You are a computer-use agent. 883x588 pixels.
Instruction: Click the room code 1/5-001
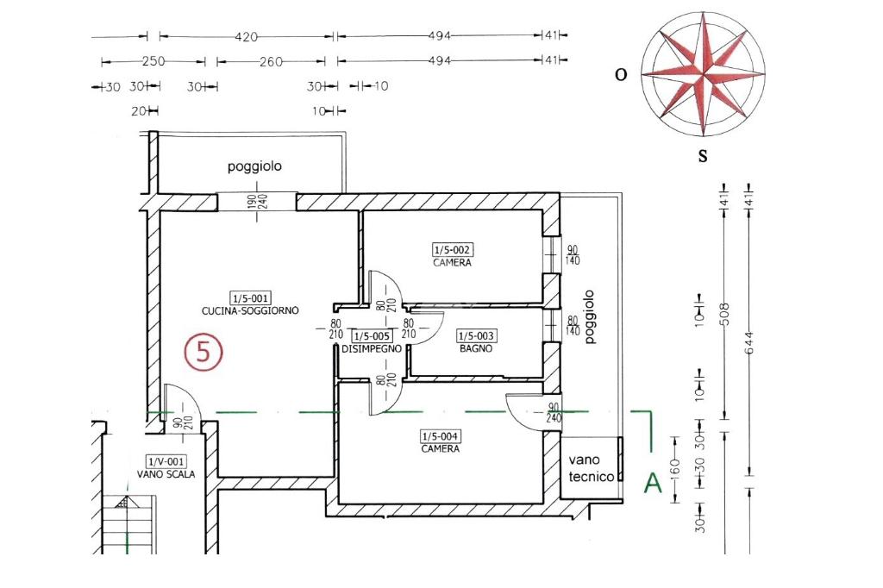pyautogui.click(x=251, y=298)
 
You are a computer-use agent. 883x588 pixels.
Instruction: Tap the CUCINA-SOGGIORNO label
pyautogui.click(x=250, y=311)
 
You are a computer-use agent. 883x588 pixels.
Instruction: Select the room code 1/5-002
pyautogui.click(x=452, y=249)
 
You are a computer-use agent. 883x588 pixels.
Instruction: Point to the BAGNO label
pyautogui.click(x=476, y=348)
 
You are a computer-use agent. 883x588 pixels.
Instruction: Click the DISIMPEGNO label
pyautogui.click(x=372, y=349)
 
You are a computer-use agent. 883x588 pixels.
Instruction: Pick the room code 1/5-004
pyautogui.click(x=441, y=436)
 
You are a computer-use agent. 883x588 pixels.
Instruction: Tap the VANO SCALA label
pyautogui.click(x=166, y=474)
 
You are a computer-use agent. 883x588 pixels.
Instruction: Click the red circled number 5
pyautogui.click(x=204, y=352)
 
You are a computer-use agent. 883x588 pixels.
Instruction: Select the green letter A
pyautogui.click(x=653, y=483)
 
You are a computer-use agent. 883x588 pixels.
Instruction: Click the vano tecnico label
pyautogui.click(x=591, y=469)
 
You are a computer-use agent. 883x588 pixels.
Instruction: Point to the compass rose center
pyautogui.click(x=703, y=74)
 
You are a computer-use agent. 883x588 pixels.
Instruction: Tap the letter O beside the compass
pyautogui.click(x=621, y=74)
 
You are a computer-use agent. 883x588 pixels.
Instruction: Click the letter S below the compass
pyautogui.click(x=702, y=156)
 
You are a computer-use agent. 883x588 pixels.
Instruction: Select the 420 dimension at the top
pyautogui.click(x=246, y=37)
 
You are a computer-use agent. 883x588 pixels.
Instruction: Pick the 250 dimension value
pyautogui.click(x=153, y=61)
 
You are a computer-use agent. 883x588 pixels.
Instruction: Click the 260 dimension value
pyautogui.click(x=271, y=62)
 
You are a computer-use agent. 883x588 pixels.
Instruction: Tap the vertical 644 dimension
pyautogui.click(x=749, y=342)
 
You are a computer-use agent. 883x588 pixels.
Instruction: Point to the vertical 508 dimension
pyautogui.click(x=724, y=314)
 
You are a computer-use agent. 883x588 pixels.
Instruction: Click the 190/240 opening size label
pyautogui.click(x=257, y=202)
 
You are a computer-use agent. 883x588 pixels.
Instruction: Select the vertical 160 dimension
pyautogui.click(x=676, y=466)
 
